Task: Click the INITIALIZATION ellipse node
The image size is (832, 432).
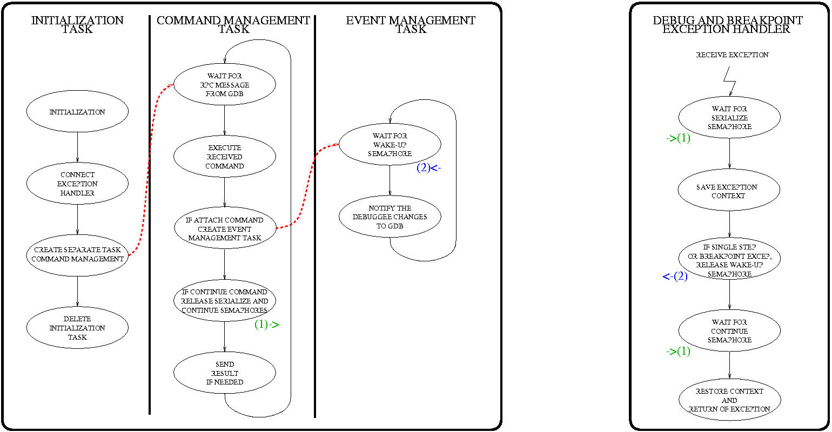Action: (x=77, y=112)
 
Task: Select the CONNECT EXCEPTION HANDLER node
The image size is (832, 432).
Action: (x=77, y=184)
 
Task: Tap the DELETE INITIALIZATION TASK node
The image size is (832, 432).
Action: (x=77, y=328)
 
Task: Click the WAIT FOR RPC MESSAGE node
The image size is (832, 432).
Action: (x=225, y=84)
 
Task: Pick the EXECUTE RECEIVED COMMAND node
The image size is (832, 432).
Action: (x=225, y=157)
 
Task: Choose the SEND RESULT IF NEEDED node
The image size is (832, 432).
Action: (x=225, y=373)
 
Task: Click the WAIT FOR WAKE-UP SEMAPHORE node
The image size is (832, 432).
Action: (x=390, y=144)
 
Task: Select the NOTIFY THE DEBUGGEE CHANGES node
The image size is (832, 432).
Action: (x=390, y=217)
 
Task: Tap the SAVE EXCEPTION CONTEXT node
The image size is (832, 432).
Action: (x=729, y=191)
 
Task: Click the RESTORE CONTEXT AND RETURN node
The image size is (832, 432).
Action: (x=729, y=400)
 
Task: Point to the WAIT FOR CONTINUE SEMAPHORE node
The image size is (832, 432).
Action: (x=729, y=330)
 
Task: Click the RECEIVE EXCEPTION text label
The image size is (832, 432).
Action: (x=732, y=55)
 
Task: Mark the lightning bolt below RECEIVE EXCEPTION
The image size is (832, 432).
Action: (x=730, y=81)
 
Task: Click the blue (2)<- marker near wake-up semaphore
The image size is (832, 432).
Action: (x=429, y=168)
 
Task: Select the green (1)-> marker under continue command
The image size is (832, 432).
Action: (x=266, y=325)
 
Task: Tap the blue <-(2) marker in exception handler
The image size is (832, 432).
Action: (x=675, y=276)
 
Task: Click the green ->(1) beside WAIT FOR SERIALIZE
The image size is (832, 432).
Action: (x=678, y=138)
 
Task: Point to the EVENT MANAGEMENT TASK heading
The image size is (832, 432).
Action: (x=411, y=25)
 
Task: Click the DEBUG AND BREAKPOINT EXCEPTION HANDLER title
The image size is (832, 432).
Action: (x=727, y=25)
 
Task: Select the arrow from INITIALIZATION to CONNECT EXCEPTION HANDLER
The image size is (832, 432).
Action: (x=77, y=147)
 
